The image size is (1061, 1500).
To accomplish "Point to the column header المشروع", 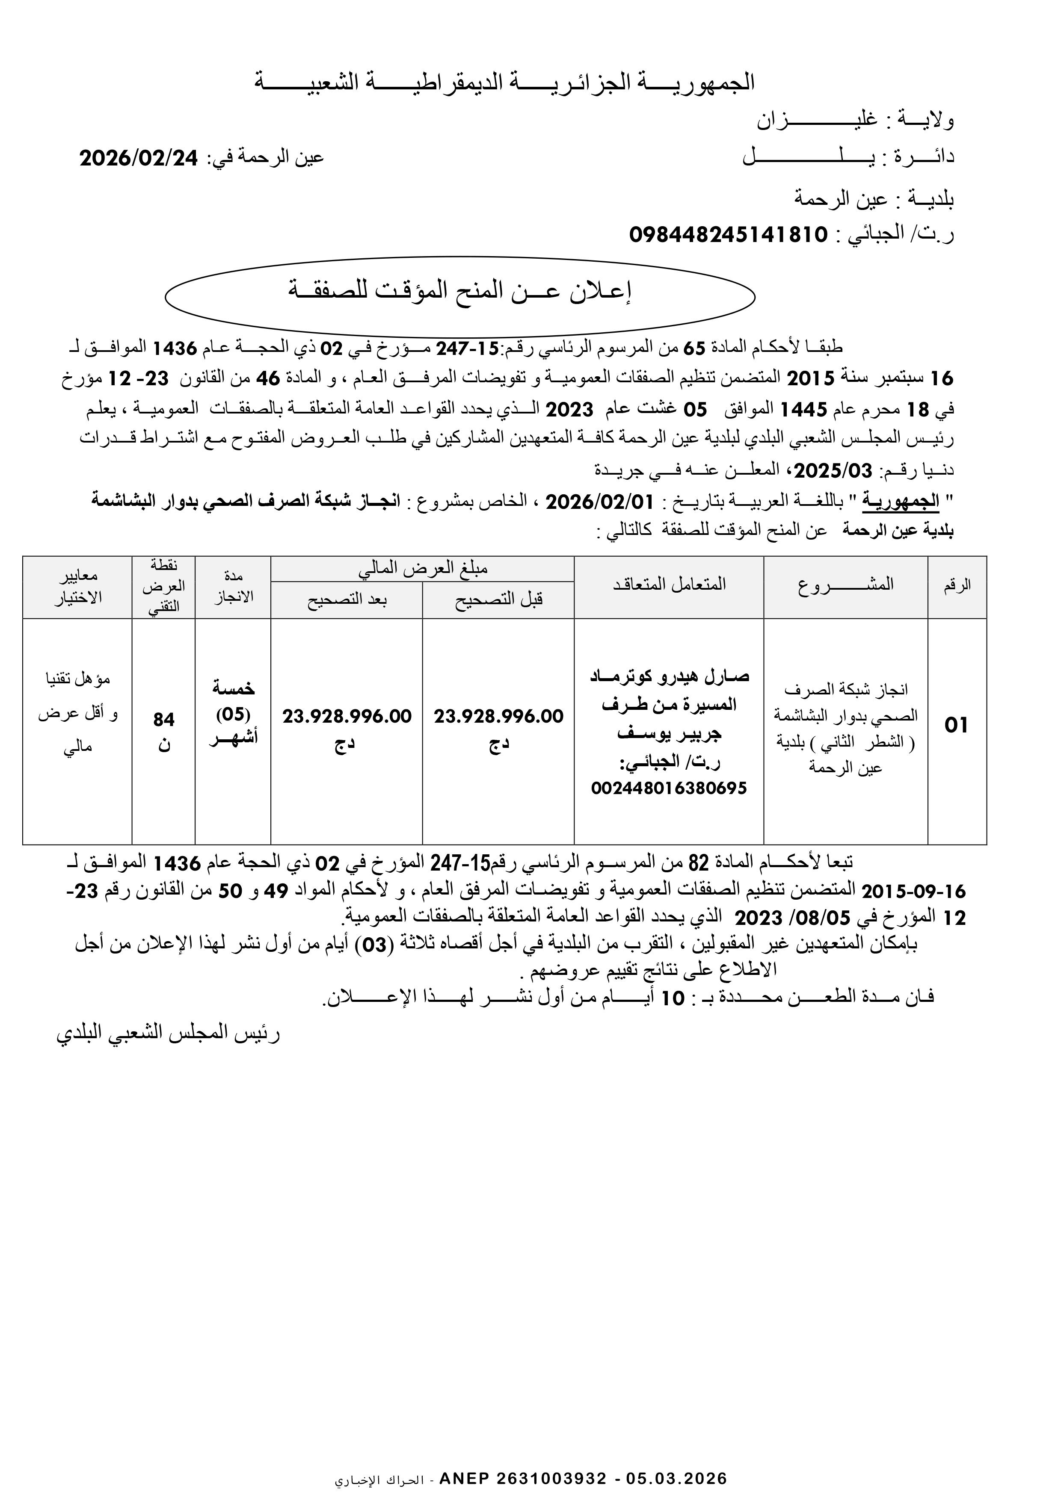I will [845, 585].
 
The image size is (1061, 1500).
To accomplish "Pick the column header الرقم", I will [957, 585].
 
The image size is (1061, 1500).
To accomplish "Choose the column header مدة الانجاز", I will [234, 586].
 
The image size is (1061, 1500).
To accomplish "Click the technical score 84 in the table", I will [163, 719].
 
